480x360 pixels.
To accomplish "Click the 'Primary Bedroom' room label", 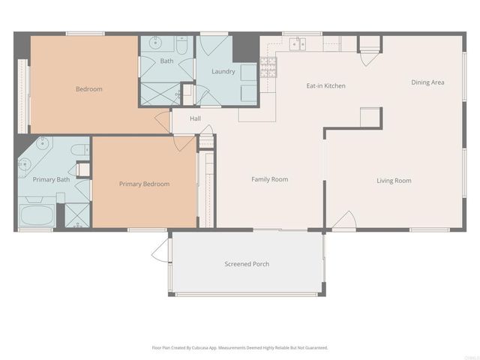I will [x=144, y=184].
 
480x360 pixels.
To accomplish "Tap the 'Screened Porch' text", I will [x=247, y=264].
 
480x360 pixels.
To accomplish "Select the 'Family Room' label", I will [x=269, y=179].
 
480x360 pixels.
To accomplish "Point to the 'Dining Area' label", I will [x=427, y=82].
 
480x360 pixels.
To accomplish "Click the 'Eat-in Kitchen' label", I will [x=325, y=86].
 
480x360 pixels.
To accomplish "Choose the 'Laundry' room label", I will [x=223, y=72].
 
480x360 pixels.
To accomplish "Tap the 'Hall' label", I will [x=195, y=118].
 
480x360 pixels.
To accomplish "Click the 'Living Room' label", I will [x=394, y=180].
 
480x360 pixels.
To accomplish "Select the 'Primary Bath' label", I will [x=51, y=179].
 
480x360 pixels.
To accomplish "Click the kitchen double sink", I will [x=298, y=43].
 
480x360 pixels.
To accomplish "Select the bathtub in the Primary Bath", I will [x=36, y=216].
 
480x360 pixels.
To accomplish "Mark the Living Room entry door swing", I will [x=343, y=221].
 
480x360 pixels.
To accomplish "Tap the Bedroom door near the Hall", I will [x=162, y=122].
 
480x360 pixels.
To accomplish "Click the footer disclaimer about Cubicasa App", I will [x=240, y=348].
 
